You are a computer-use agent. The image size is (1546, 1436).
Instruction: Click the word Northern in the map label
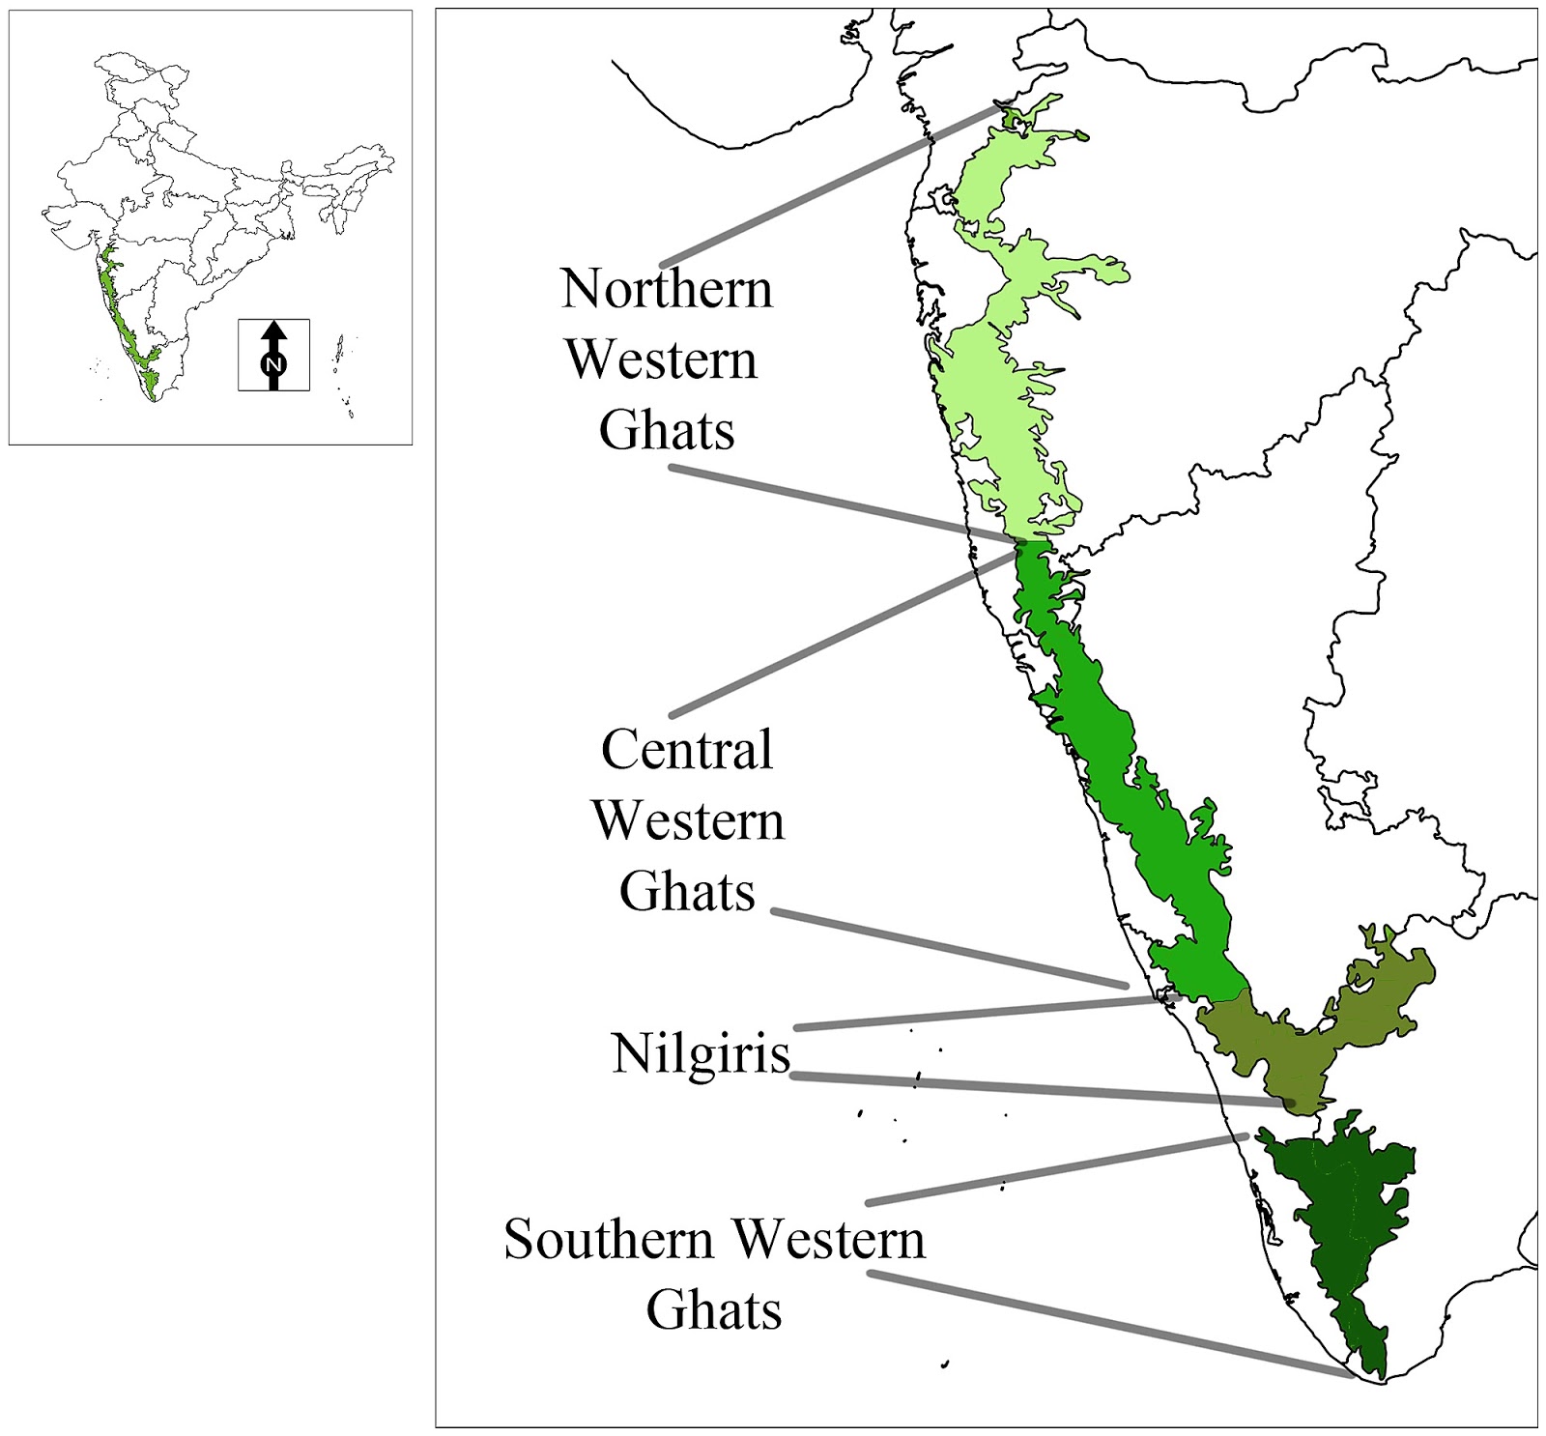[667, 288]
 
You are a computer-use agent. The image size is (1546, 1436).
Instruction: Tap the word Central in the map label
[687, 749]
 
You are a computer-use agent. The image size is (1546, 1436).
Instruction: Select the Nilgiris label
[701, 1052]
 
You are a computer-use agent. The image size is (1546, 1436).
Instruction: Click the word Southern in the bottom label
[609, 1239]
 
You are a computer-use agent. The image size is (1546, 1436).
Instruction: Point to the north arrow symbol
[274, 355]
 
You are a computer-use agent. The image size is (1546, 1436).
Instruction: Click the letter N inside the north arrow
[274, 364]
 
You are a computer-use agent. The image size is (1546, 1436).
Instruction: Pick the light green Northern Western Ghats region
[1005, 406]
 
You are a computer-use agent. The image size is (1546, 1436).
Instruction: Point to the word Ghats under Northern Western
[667, 430]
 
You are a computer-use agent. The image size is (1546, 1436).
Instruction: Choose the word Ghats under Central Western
[687, 891]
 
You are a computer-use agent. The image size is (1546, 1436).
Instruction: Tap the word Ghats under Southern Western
[714, 1310]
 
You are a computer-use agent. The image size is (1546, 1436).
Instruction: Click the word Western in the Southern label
[828, 1239]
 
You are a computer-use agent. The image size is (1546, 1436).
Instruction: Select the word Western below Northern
[662, 359]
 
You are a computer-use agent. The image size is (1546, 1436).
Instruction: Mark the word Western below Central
[688, 820]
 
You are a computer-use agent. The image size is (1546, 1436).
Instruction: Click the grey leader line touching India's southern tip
[1111, 1324]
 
